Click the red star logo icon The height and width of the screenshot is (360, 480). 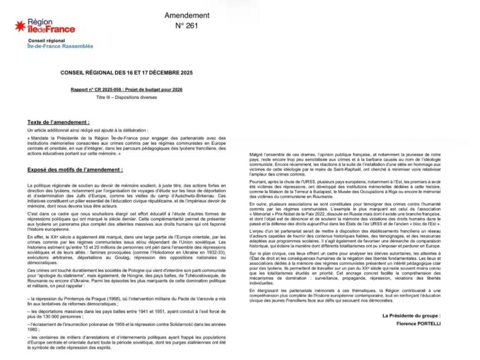pos(20,26)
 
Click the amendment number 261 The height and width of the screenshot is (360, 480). pos(187,26)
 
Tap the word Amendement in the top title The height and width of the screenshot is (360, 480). pos(187,15)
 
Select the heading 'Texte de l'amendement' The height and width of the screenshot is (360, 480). pos(58,122)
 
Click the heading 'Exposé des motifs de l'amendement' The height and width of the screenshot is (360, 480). pos(75,169)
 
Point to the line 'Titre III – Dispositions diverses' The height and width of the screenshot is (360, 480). pos(127,97)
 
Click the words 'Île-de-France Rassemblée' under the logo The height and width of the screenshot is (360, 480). pos(60,46)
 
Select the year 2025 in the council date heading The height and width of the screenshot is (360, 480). pos(184,73)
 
